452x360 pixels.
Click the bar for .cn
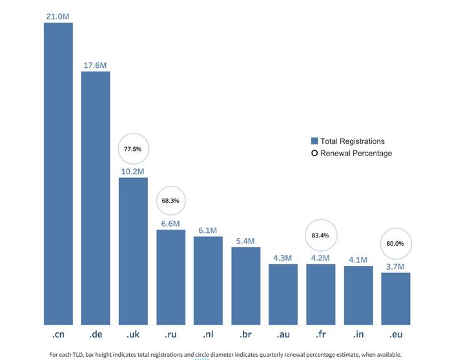tap(58, 174)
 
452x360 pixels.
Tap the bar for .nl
tap(208, 281)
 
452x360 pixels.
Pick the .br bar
tap(245, 286)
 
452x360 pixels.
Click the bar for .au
tap(283, 294)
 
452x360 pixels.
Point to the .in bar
tap(358, 295)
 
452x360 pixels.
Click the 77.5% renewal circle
tap(132, 149)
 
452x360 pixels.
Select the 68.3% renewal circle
tap(170, 201)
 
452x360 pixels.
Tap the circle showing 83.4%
tap(320, 235)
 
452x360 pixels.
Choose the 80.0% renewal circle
tap(395, 244)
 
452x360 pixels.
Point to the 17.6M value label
tap(96, 65)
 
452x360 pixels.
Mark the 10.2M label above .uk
tap(133, 171)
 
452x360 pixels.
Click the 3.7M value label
tap(395, 266)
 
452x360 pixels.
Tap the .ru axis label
tap(170, 335)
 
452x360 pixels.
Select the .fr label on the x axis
tap(320, 335)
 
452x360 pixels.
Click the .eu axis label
tap(395, 335)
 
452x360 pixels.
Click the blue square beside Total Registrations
tap(314, 141)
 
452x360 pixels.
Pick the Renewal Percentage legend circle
tap(314, 154)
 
